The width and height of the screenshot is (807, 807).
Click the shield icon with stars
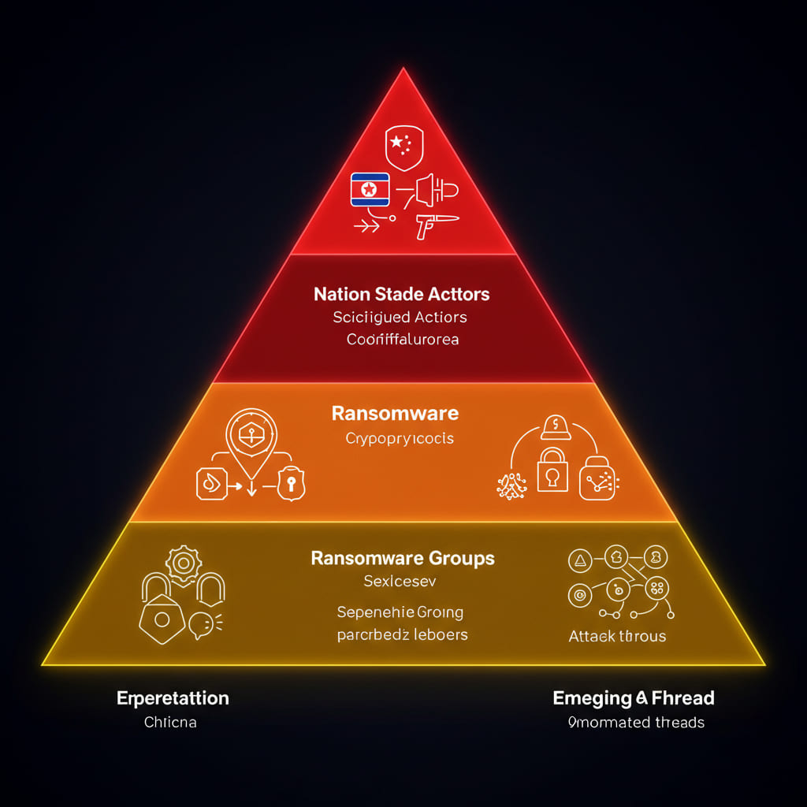(x=402, y=146)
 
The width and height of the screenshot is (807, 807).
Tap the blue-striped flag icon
(x=369, y=190)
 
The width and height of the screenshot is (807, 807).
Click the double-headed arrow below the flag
(x=366, y=226)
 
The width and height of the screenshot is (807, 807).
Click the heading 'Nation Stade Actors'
(x=402, y=295)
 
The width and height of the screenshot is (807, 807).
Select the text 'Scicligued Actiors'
(x=400, y=318)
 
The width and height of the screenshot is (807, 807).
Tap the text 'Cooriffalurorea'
(x=403, y=340)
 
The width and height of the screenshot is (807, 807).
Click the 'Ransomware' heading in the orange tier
(x=395, y=413)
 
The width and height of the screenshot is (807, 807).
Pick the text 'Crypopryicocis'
(x=400, y=438)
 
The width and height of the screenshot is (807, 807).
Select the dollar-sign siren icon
(x=555, y=427)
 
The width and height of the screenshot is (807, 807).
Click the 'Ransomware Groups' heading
(x=403, y=559)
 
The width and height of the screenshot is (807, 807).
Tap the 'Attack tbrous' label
(x=617, y=636)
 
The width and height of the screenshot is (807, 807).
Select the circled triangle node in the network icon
(x=579, y=560)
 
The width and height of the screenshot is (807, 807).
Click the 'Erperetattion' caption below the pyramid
(x=173, y=698)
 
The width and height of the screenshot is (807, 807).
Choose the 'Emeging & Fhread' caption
(x=634, y=697)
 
